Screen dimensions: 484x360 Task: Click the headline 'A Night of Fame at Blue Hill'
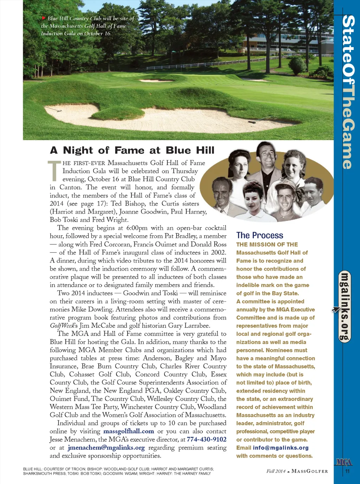[x=132, y=151]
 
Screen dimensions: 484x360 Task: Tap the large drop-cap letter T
[x=54, y=171]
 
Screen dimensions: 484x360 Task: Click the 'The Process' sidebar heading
[x=259, y=235]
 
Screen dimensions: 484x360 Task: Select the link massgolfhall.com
[x=129, y=431]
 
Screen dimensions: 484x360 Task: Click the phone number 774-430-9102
[x=206, y=439]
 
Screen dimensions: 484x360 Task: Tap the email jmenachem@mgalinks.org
[x=106, y=447]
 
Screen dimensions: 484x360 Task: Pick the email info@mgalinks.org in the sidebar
[x=281, y=448]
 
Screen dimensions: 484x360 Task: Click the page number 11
[x=347, y=471]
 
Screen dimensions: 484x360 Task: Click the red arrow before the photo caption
[x=44, y=18]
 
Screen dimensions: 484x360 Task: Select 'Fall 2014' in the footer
[x=276, y=471]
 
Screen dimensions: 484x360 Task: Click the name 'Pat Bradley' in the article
[x=181, y=236]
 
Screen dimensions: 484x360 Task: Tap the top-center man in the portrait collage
[x=266, y=158]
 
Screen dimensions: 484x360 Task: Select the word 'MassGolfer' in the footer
[x=310, y=471]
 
